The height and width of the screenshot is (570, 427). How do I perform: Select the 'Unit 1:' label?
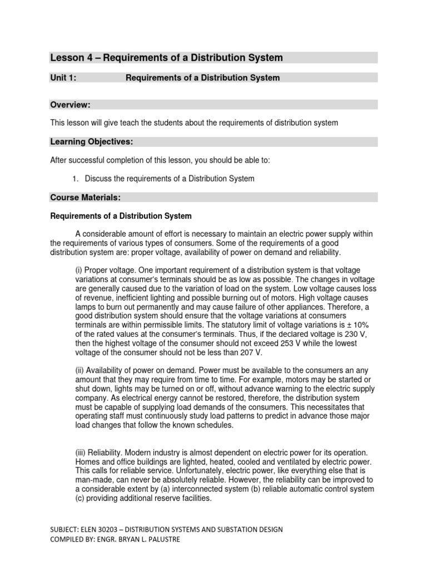point(63,78)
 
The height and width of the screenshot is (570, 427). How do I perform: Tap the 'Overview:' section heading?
point(70,105)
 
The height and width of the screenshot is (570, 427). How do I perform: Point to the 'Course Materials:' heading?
point(86,197)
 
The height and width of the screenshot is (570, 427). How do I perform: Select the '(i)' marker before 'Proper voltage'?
point(78,270)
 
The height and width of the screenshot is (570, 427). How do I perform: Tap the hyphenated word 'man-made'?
point(93,480)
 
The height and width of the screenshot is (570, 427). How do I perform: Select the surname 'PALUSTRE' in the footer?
point(161,539)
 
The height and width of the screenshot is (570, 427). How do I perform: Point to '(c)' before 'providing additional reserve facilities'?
point(81,498)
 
